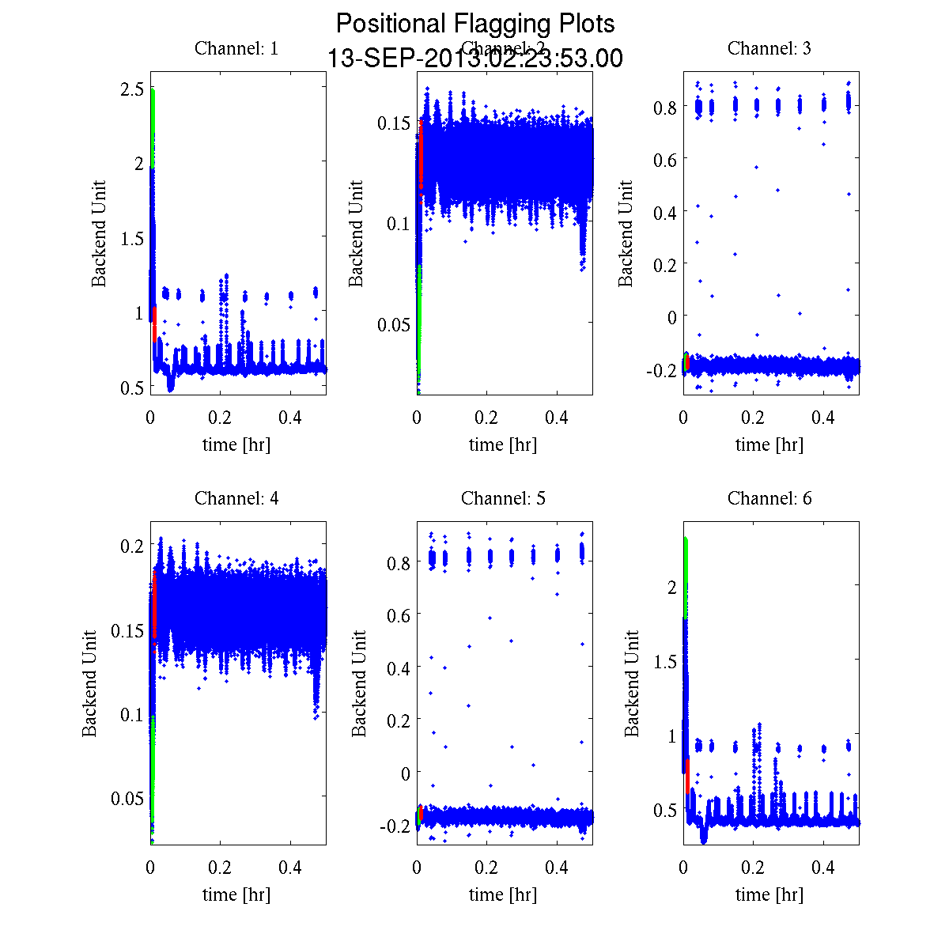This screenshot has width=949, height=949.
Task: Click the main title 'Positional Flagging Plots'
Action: (x=475, y=24)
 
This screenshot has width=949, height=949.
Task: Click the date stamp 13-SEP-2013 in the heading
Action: (x=403, y=59)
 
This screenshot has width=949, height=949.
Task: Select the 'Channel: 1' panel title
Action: (x=236, y=48)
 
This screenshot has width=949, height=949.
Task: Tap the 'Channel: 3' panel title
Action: (x=769, y=48)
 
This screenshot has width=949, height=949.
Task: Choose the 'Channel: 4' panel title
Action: (x=236, y=498)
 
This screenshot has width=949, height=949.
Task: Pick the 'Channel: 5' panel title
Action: (x=503, y=498)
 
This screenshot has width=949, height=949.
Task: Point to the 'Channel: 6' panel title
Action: (x=769, y=498)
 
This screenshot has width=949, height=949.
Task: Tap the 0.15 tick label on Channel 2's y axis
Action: (x=393, y=123)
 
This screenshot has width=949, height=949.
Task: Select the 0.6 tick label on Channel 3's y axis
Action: (x=664, y=159)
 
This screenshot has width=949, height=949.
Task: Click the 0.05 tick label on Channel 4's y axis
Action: (x=127, y=798)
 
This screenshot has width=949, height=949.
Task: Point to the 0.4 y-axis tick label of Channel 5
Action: (x=398, y=668)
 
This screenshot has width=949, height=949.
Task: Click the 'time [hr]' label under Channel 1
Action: (x=236, y=444)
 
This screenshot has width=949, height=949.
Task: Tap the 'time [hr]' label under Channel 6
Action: (x=769, y=894)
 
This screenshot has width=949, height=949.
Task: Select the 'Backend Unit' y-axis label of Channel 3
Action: (x=626, y=233)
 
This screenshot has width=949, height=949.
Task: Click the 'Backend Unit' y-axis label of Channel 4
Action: (x=90, y=683)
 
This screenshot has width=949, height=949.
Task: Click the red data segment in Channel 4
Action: (x=154, y=605)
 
